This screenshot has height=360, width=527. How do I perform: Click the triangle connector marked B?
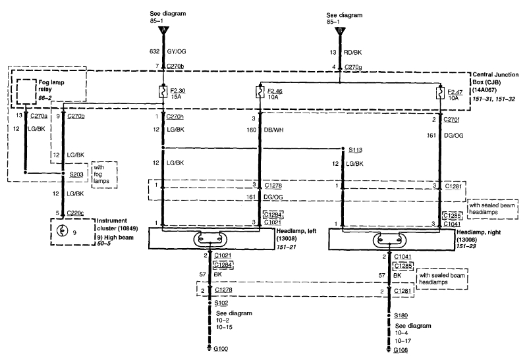pyautogui.click(x=339, y=30)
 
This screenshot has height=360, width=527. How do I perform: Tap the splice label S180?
pyautogui.click(x=401, y=315)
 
